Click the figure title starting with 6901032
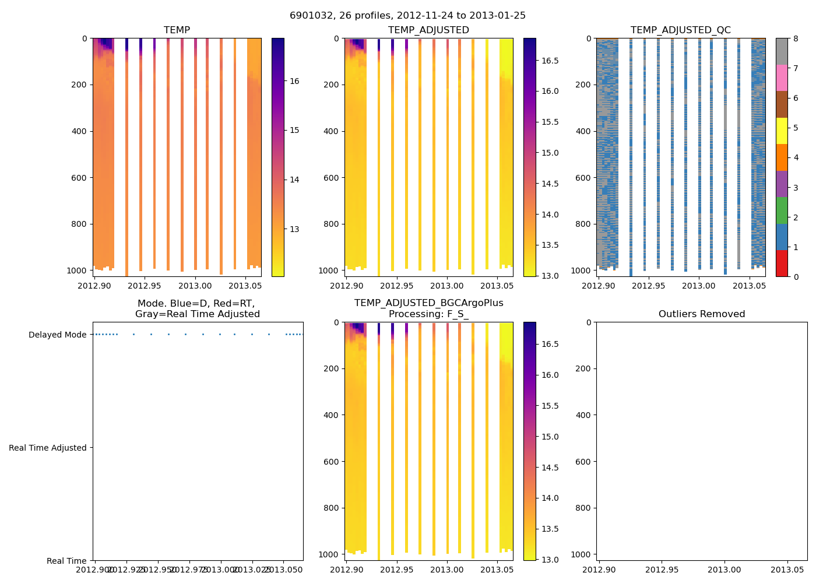coord(407,16)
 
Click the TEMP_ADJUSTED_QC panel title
coord(680,30)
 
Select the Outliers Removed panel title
coord(701,314)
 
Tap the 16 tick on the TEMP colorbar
coord(294,81)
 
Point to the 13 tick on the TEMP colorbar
coord(294,229)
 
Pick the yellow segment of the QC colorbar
coord(782,131)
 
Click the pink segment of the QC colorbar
coord(782,78)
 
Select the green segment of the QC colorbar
coord(782,210)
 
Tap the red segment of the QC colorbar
coord(782,263)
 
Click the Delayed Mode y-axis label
coord(57,335)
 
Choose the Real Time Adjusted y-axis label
coord(47,448)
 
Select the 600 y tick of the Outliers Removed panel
coord(584,462)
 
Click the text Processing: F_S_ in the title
coord(428,314)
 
